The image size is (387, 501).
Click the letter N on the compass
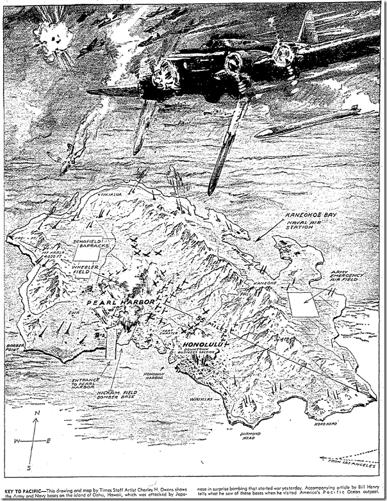38,415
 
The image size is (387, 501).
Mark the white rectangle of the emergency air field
304,304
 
